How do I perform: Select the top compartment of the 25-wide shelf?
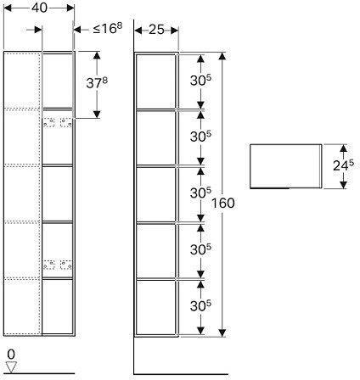click(x=155, y=81)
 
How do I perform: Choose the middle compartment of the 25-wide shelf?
click(x=155, y=193)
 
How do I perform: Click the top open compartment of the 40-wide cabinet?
click(x=58, y=81)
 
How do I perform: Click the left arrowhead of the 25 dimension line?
click(x=138, y=31)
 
